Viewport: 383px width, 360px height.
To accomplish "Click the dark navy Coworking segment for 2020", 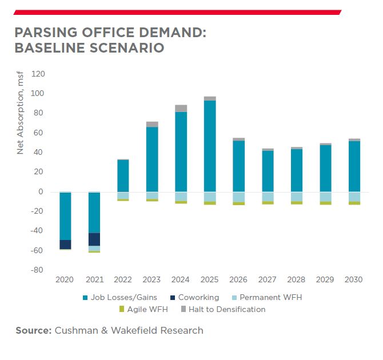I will [x=65, y=245].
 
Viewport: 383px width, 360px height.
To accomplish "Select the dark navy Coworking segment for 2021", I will [x=94, y=239].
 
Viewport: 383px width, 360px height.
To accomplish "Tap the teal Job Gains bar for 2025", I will [x=210, y=146].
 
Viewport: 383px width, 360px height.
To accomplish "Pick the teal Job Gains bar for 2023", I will [x=152, y=159].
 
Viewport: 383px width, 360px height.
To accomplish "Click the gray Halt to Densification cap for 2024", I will [x=181, y=109].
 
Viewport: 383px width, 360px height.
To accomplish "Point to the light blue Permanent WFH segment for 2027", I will [x=268, y=197].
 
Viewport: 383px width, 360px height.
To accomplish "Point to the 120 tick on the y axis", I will [x=38, y=74].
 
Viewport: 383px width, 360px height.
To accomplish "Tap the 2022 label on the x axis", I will [x=123, y=279].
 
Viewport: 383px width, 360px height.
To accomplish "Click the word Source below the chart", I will [x=33, y=330].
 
